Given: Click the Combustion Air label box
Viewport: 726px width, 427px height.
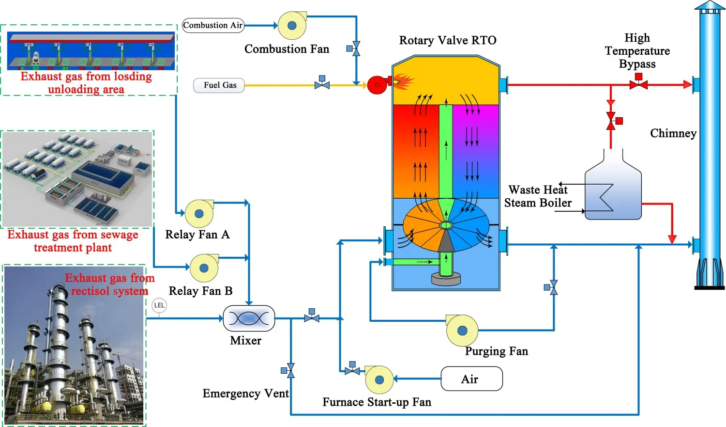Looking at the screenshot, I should pos(213,25).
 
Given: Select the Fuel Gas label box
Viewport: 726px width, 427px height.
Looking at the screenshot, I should pos(219,85).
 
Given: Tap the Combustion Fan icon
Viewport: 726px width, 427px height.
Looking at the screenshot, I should pos(292,26).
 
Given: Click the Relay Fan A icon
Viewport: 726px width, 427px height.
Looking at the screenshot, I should pos(199,213).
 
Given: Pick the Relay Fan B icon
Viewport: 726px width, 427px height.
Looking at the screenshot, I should pos(204,268).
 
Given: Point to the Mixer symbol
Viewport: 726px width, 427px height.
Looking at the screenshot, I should pos(249,318).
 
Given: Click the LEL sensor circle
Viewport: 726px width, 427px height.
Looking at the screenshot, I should pos(159,305).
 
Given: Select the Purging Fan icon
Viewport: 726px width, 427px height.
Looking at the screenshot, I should pos(462,331).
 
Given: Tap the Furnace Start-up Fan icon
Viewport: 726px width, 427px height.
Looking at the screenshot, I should pos(379,380).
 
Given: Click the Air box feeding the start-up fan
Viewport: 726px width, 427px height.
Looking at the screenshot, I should pos(471,379).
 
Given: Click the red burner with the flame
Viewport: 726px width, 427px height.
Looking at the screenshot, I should pos(378,85).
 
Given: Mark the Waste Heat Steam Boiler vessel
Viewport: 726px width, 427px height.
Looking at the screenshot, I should pos(613,194).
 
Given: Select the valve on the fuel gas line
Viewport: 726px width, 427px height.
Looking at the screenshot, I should pos(322,84).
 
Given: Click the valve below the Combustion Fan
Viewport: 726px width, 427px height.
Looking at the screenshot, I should pos(356,49).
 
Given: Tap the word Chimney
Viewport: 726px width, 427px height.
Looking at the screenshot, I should pos(673,133).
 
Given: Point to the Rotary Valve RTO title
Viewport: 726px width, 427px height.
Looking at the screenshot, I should pos(447,40).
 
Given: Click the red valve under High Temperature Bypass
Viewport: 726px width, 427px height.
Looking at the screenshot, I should pos(638,84).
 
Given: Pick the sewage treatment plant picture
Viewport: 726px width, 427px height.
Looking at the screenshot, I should pos(78,179).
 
